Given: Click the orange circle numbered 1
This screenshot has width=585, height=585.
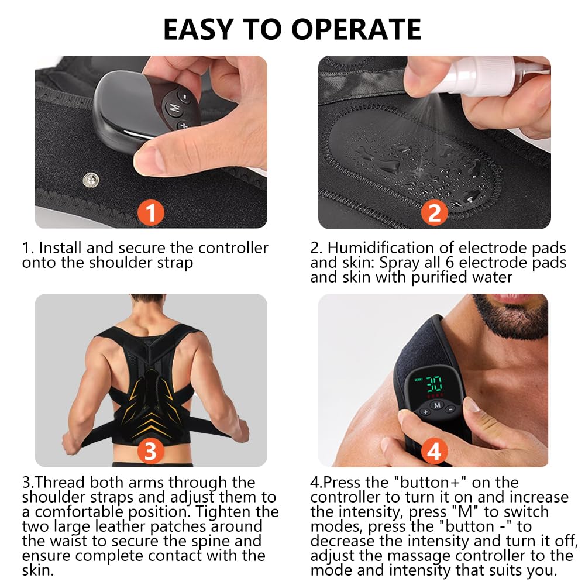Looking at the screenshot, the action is tap(151, 213).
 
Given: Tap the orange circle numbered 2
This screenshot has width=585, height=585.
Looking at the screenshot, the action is tap(434, 213).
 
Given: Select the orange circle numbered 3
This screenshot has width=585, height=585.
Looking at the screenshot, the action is tap(151, 451).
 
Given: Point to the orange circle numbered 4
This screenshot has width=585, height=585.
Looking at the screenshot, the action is tap(434, 451).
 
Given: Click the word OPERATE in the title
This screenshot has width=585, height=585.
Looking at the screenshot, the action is tap(356, 29).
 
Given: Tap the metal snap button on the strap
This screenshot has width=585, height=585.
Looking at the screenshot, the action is tap(91, 180).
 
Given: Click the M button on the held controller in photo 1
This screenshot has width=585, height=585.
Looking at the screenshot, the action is tap(174, 108).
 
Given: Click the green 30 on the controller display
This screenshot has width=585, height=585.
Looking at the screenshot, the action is tap(435, 383).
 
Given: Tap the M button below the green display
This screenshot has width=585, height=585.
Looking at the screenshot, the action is tap(438, 405).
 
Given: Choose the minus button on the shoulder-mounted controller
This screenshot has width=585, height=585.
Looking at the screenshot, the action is tap(450, 409).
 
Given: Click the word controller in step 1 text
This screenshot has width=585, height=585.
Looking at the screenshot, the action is tap(233, 247).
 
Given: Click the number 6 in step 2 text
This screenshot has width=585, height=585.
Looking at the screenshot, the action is tap(449, 263).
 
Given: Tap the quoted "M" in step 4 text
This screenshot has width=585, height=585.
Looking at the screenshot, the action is tap(465, 512).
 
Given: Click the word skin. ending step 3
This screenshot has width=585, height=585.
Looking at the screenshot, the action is tap(37, 570).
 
